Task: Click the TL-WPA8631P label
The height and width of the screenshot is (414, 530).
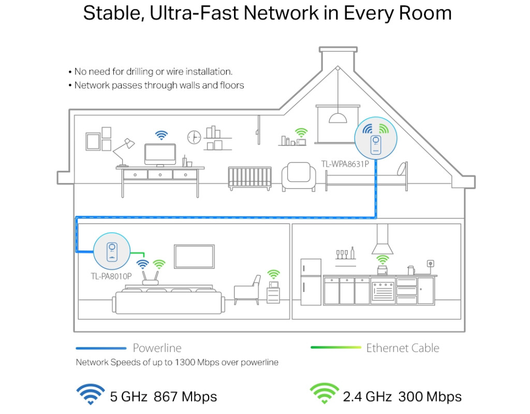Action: click(x=345, y=165)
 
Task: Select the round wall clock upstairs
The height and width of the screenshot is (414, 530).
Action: click(x=194, y=137)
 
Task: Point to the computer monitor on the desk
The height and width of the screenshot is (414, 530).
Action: click(x=160, y=155)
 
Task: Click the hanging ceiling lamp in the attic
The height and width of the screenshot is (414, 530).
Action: click(x=338, y=117)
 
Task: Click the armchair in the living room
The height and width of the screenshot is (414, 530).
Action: click(x=247, y=290)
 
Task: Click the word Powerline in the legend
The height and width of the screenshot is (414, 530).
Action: click(x=157, y=348)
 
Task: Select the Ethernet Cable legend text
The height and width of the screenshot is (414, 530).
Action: click(x=403, y=348)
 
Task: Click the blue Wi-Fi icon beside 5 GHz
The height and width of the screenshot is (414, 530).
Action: click(x=91, y=394)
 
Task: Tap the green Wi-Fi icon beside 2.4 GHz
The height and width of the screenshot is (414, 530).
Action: click(x=324, y=394)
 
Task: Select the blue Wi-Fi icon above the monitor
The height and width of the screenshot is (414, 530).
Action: click(x=162, y=136)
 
